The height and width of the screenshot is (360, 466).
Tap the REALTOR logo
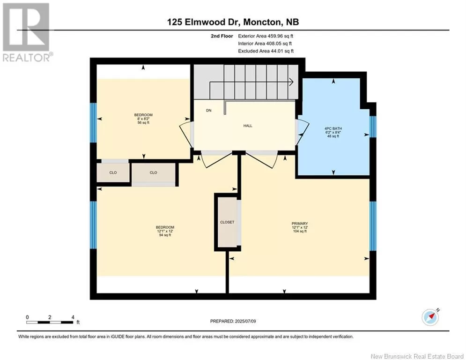pos(27,33)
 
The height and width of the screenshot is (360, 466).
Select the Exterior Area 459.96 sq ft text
pos(266,36)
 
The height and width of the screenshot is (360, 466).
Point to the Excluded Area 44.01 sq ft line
pos(266,51)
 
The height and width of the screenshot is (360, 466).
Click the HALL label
pos(248,126)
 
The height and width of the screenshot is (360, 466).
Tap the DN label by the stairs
pos(208,110)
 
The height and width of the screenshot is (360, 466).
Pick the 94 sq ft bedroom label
pos(165,231)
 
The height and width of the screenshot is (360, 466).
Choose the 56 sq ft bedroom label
pos(143,119)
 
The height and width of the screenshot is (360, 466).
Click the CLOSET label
pos(227,222)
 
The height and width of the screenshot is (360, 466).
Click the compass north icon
pos(430,317)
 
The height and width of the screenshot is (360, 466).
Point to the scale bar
pos(50,322)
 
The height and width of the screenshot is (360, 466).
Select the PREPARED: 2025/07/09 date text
pos(233,321)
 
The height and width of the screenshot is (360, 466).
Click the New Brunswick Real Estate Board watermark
pos(417,356)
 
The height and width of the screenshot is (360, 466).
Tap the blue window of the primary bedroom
pos(373,226)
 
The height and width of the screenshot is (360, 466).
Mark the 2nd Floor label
pos(222,36)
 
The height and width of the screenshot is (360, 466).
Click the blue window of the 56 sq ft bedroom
pos(93,123)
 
